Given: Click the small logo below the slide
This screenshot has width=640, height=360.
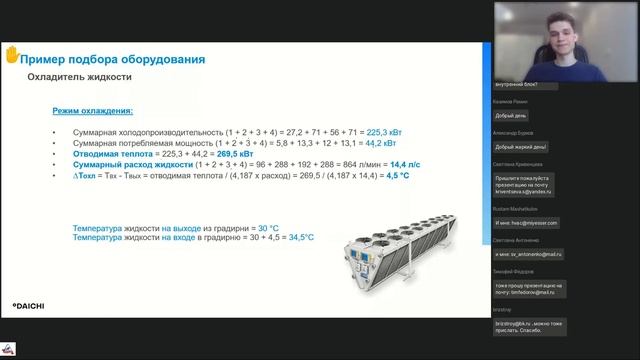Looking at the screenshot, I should tap(8, 347).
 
